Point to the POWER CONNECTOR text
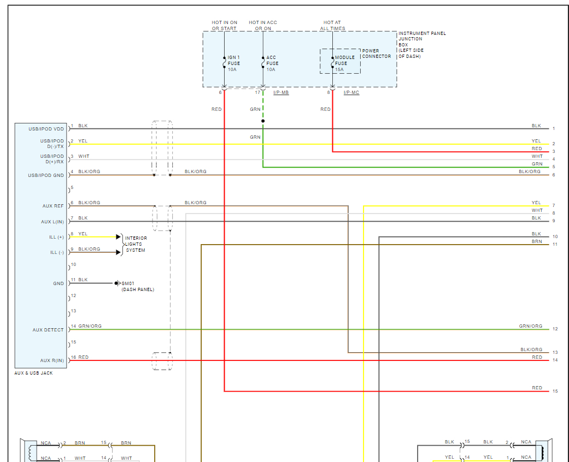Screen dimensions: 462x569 377,54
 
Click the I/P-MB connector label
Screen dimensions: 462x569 281,93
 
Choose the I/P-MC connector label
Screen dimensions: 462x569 351,93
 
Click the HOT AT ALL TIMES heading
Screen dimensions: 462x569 333,25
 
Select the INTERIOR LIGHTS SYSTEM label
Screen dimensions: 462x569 136,244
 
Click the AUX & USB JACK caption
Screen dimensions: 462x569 33,373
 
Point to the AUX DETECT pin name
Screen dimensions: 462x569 48,330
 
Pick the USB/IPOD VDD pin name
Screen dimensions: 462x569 46,129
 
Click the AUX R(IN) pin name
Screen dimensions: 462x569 52,360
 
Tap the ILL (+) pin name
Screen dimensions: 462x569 56,237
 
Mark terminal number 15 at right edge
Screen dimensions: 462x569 555,392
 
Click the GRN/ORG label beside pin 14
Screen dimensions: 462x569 90,327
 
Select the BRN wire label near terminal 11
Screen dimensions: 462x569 537,241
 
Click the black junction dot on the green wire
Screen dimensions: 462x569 263,121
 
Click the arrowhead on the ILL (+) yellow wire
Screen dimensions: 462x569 119,237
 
